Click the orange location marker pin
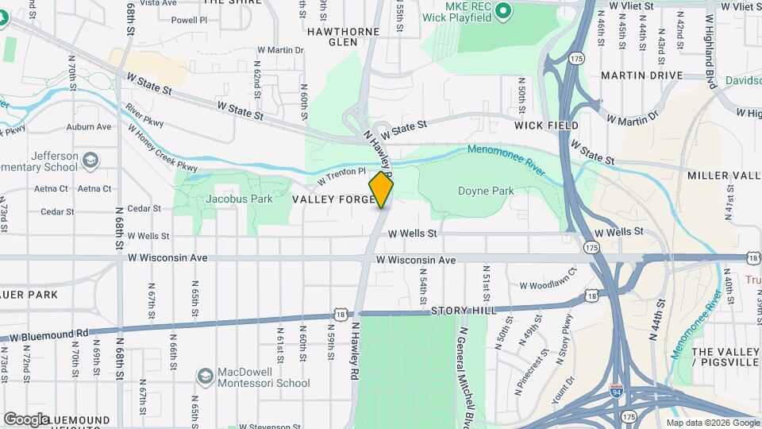[x=381, y=191]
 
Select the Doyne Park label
[x=486, y=191]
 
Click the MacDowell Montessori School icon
[x=205, y=374]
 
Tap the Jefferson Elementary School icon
[x=90, y=161]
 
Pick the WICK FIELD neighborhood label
[x=546, y=126]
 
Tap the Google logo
[x=26, y=419]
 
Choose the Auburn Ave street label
[x=89, y=126]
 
